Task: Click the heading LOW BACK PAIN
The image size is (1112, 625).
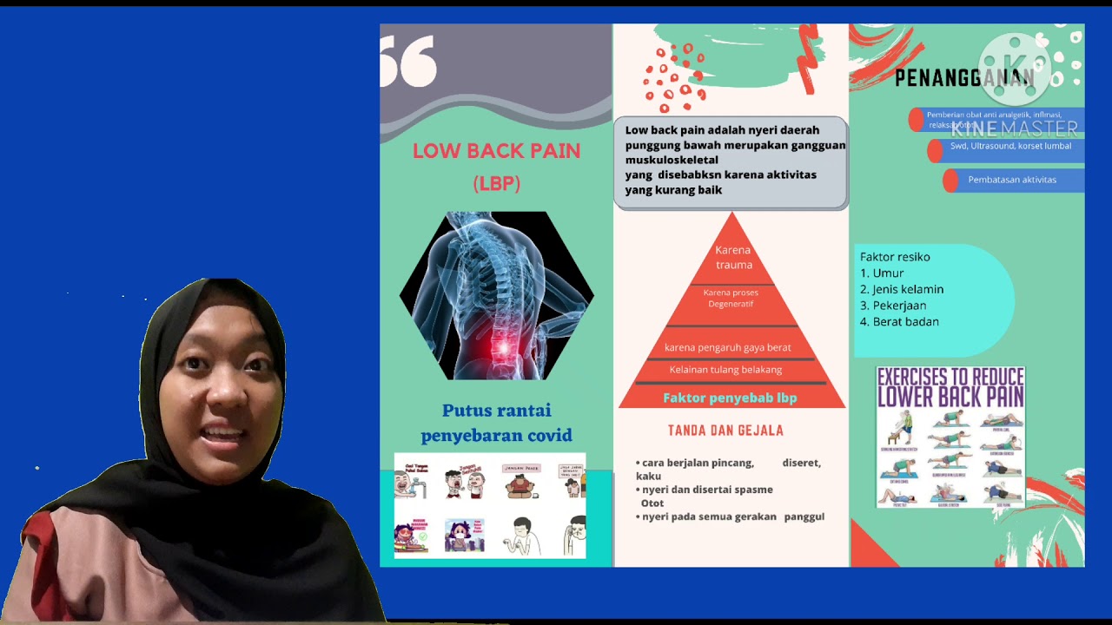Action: (x=496, y=151)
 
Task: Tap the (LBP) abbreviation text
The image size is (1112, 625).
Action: (x=496, y=184)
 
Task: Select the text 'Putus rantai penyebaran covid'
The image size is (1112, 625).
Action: (x=496, y=423)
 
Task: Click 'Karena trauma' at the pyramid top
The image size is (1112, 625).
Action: (x=733, y=258)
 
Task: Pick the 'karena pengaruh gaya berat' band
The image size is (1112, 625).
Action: (x=727, y=347)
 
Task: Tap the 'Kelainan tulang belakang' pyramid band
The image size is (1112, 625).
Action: (x=725, y=370)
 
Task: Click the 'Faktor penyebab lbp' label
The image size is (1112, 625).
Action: (x=730, y=398)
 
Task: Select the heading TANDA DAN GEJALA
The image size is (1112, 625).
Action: (x=725, y=431)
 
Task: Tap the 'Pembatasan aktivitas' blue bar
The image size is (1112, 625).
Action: (x=1012, y=180)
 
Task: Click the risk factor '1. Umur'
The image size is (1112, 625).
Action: (x=882, y=273)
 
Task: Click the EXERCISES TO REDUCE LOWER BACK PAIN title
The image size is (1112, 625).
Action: (x=950, y=388)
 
